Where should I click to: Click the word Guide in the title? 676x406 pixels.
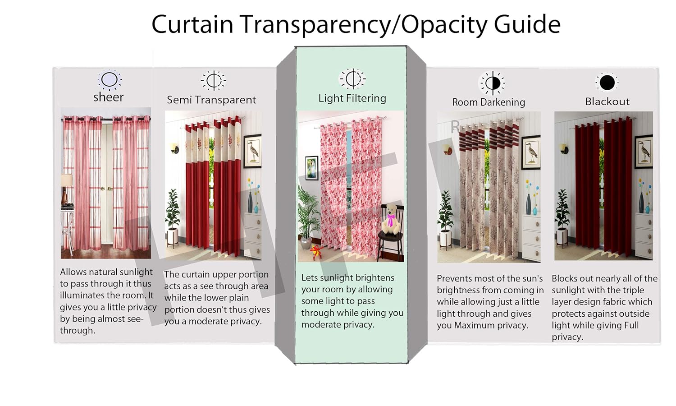(527, 24)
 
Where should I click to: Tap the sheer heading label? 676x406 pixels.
(108, 97)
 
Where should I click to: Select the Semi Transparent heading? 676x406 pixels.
(211, 100)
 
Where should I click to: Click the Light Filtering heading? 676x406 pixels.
(352, 98)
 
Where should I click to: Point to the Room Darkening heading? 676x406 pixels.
(489, 102)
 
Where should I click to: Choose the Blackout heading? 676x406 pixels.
(607, 101)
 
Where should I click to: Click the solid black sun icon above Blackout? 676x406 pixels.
(607, 83)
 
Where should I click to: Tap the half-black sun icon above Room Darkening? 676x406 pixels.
(493, 83)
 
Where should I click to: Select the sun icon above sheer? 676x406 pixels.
(110, 80)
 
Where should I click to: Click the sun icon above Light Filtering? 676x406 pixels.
(352, 79)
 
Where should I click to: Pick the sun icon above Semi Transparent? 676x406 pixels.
(213, 81)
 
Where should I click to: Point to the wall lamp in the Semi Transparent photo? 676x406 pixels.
(174, 148)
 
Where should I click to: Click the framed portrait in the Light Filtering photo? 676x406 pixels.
(311, 168)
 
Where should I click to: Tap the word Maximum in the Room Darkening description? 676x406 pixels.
(476, 325)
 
